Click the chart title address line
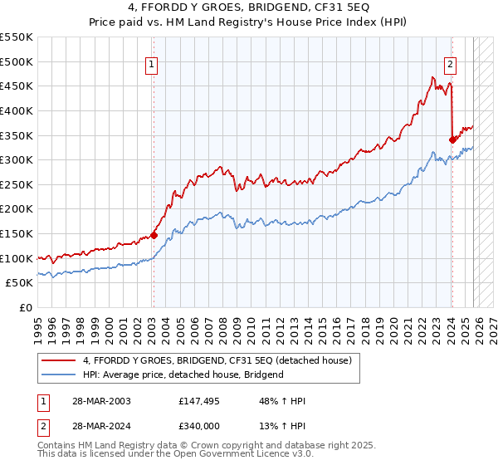(249, 9)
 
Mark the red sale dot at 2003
(154, 235)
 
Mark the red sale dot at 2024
(452, 139)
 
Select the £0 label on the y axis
(25, 308)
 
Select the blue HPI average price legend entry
(183, 374)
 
